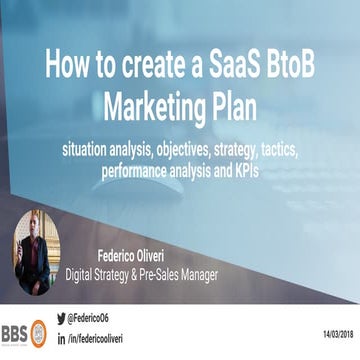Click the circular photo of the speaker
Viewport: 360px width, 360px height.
coord(36,251)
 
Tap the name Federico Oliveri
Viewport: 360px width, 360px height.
coord(140,255)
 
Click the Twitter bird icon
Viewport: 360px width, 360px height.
coord(61,318)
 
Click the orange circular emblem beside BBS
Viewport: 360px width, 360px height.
coord(38,331)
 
